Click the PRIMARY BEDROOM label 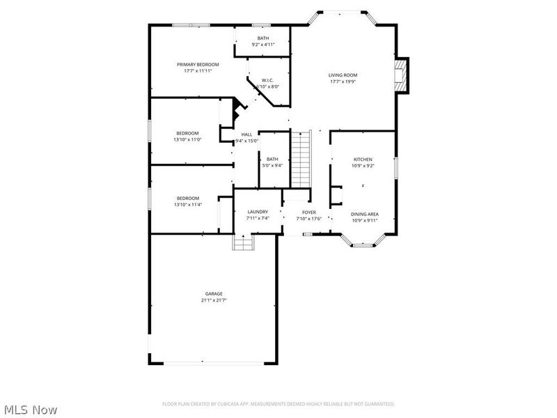click(x=201, y=64)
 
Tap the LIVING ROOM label click(x=343, y=75)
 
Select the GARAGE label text click(x=214, y=294)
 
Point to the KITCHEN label click(x=363, y=160)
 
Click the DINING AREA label click(x=364, y=214)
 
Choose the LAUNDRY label click(x=257, y=212)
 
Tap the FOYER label click(x=309, y=212)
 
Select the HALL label click(x=246, y=134)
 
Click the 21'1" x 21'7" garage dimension click(x=214, y=300)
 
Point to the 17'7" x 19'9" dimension click(x=343, y=82)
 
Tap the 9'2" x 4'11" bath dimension click(x=263, y=45)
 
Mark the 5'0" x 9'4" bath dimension click(x=272, y=165)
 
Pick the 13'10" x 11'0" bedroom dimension click(x=187, y=140)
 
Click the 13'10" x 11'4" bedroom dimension click(x=187, y=205)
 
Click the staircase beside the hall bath click(x=300, y=158)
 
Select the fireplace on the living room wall click(x=400, y=75)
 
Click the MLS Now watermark click(x=31, y=410)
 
